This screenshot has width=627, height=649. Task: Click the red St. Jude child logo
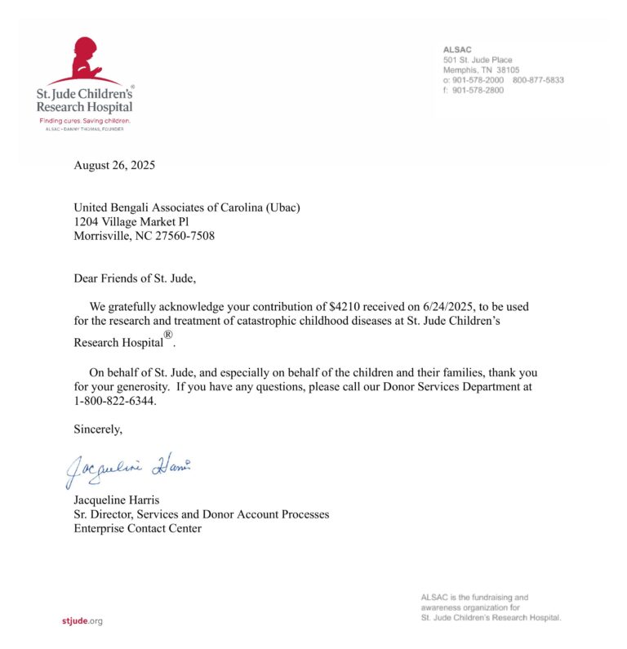tap(85, 58)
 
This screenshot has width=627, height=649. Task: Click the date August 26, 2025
tap(114, 166)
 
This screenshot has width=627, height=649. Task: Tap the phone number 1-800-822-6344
tap(114, 401)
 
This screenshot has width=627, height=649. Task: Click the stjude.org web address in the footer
tap(82, 621)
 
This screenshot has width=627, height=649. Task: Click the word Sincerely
tap(98, 429)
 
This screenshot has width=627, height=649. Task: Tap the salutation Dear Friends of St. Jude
tap(135, 278)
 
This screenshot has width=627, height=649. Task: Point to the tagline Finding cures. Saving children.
tap(85, 121)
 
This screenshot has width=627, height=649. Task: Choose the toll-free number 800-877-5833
tap(538, 80)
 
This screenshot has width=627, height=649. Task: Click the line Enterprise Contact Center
tap(137, 528)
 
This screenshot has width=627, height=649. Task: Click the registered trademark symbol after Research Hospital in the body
tap(168, 335)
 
